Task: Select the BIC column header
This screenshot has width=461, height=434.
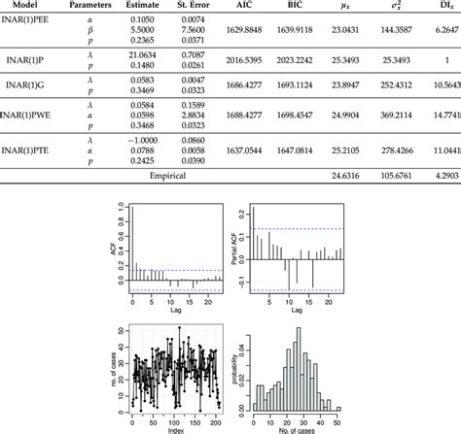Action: coord(304,7)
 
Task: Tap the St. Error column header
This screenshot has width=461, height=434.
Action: coord(195,7)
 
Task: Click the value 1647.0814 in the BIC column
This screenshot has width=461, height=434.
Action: coord(304,150)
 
